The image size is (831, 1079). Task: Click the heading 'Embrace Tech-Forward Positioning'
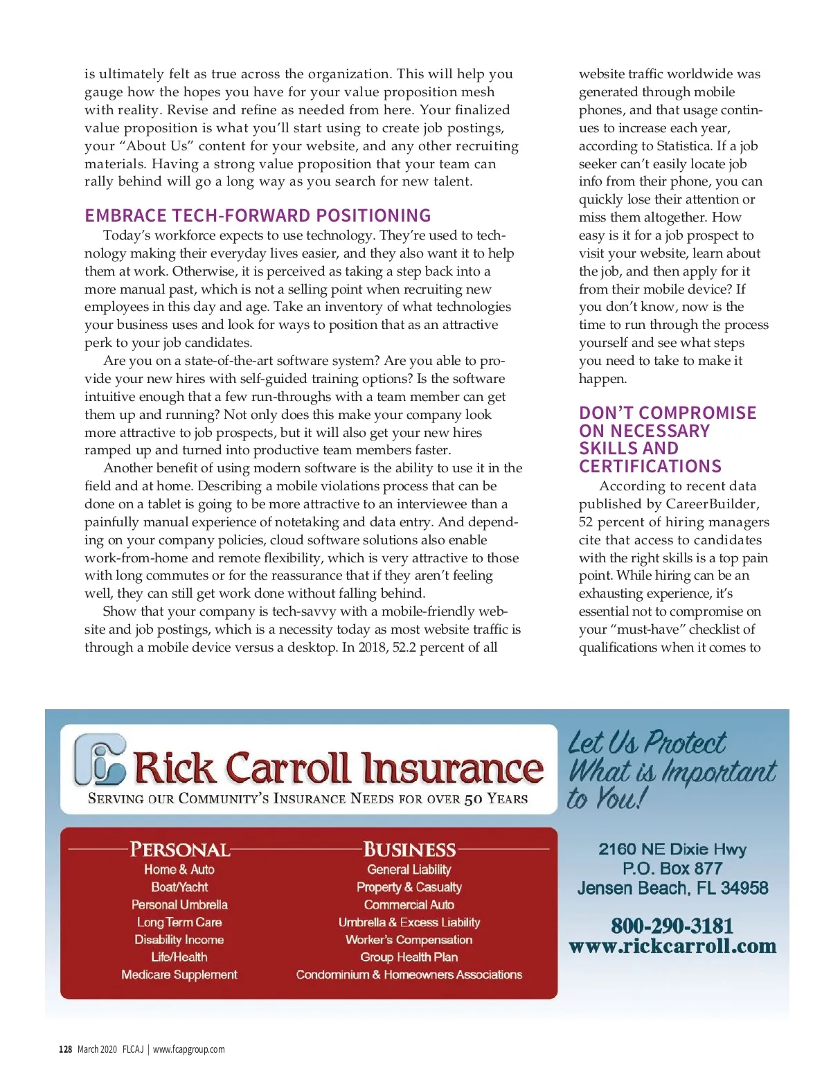258,215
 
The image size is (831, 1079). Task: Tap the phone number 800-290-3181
672,925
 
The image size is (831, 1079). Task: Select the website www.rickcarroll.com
672,946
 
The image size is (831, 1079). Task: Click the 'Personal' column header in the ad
180,849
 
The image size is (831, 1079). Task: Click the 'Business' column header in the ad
409,849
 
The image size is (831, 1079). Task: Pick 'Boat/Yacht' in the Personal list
179,887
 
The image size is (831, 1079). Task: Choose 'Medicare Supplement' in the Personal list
179,974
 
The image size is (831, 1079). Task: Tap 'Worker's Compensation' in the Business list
409,940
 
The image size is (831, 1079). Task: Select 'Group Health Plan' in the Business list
409,957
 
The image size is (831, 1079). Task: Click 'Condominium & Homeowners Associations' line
409,974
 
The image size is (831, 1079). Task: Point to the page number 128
65,1049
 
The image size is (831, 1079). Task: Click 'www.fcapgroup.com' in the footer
188,1049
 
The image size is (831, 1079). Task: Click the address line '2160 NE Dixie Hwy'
672,849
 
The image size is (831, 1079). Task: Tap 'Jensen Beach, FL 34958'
672,888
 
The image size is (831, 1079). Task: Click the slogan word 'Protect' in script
685,743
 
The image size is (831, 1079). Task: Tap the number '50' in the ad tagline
473,799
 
